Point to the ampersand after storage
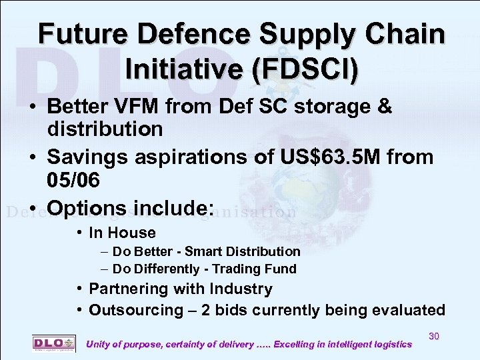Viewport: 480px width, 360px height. pyautogui.click(x=385, y=107)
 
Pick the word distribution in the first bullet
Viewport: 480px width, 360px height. pyautogui.click(x=105, y=129)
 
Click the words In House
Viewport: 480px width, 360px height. pyautogui.click(x=122, y=233)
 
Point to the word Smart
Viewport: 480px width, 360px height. pyautogui.click(x=203, y=251)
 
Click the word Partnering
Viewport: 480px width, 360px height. pyautogui.click(x=125, y=289)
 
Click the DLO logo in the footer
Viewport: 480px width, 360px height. pyautogui.click(x=49, y=342)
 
